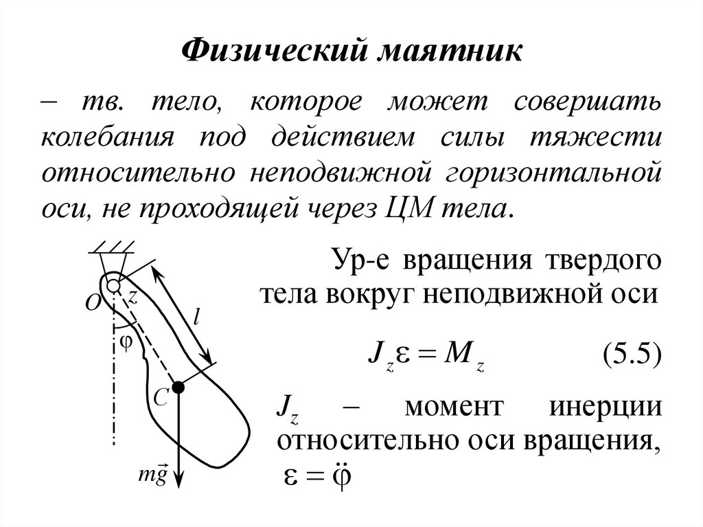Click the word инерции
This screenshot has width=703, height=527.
(x=606, y=407)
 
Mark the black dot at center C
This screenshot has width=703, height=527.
(x=178, y=388)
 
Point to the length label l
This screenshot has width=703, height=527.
(x=196, y=317)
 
